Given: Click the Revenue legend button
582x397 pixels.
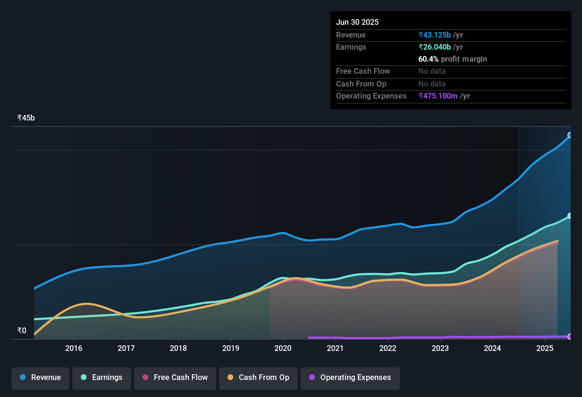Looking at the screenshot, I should (x=40, y=378).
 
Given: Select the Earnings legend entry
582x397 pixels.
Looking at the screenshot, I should (x=102, y=378).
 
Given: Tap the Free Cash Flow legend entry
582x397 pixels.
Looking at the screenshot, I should (x=175, y=378).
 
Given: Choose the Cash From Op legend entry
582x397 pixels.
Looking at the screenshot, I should (x=258, y=378).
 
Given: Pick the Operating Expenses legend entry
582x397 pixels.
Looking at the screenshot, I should (x=350, y=378).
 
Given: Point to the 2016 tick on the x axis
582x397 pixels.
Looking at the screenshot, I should (x=74, y=348).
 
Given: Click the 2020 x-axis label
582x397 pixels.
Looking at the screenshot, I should (x=283, y=348).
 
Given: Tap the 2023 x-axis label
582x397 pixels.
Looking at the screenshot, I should (x=440, y=348).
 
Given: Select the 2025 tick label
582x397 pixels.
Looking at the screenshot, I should (x=545, y=348).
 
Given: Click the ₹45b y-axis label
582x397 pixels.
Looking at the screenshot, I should (x=26, y=118).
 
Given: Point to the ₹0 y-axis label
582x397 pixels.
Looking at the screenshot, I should (x=22, y=331).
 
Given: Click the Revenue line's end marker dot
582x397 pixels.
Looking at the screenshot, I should (x=570, y=135).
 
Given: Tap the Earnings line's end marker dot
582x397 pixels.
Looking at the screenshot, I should (x=570, y=216).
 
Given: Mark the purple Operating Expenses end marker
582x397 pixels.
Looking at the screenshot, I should (x=570, y=336).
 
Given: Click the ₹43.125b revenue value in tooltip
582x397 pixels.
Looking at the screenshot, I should (x=435, y=35).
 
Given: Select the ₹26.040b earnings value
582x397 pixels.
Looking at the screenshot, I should (x=435, y=47).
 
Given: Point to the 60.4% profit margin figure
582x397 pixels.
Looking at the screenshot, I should (x=428, y=59).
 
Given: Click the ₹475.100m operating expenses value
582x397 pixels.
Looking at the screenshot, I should (x=438, y=96).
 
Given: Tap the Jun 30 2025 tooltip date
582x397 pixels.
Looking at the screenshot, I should (x=357, y=22).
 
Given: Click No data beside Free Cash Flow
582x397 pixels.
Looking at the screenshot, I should (x=432, y=71).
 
